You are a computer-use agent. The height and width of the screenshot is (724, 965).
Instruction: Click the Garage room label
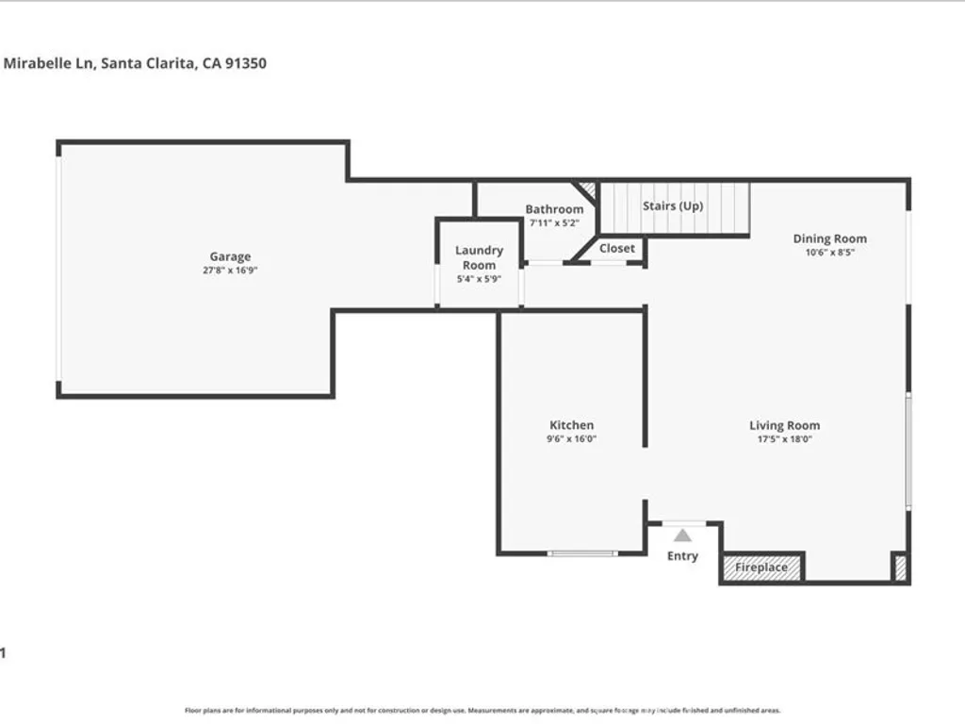[230, 256]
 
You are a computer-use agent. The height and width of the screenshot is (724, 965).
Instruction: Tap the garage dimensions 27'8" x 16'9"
[230, 270]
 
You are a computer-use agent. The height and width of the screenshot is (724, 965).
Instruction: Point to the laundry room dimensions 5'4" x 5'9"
[479, 278]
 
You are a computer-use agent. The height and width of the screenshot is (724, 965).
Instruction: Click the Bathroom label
[554, 209]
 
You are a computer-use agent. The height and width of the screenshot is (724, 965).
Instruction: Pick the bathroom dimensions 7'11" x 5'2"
[554, 223]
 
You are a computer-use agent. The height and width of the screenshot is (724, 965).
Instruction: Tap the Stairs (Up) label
[673, 206]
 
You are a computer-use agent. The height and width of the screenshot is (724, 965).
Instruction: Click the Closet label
[617, 248]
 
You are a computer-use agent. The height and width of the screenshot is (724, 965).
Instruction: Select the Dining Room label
[829, 239]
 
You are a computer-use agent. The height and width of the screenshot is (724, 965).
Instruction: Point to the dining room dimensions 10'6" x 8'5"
[829, 252]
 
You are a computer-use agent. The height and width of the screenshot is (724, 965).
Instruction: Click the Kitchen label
[572, 425]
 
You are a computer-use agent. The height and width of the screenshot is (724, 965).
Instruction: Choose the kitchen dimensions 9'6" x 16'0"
[572, 438]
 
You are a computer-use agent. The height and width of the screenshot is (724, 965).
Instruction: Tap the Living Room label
[784, 425]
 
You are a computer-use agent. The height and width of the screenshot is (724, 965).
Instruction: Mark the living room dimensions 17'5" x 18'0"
[784, 438]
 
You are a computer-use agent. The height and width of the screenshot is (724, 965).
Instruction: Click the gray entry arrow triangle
[682, 535]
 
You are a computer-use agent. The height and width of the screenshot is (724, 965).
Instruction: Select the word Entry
[682, 556]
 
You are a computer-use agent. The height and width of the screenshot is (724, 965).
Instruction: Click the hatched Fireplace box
[761, 568]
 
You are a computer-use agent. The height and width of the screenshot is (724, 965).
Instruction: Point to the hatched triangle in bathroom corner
[588, 189]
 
